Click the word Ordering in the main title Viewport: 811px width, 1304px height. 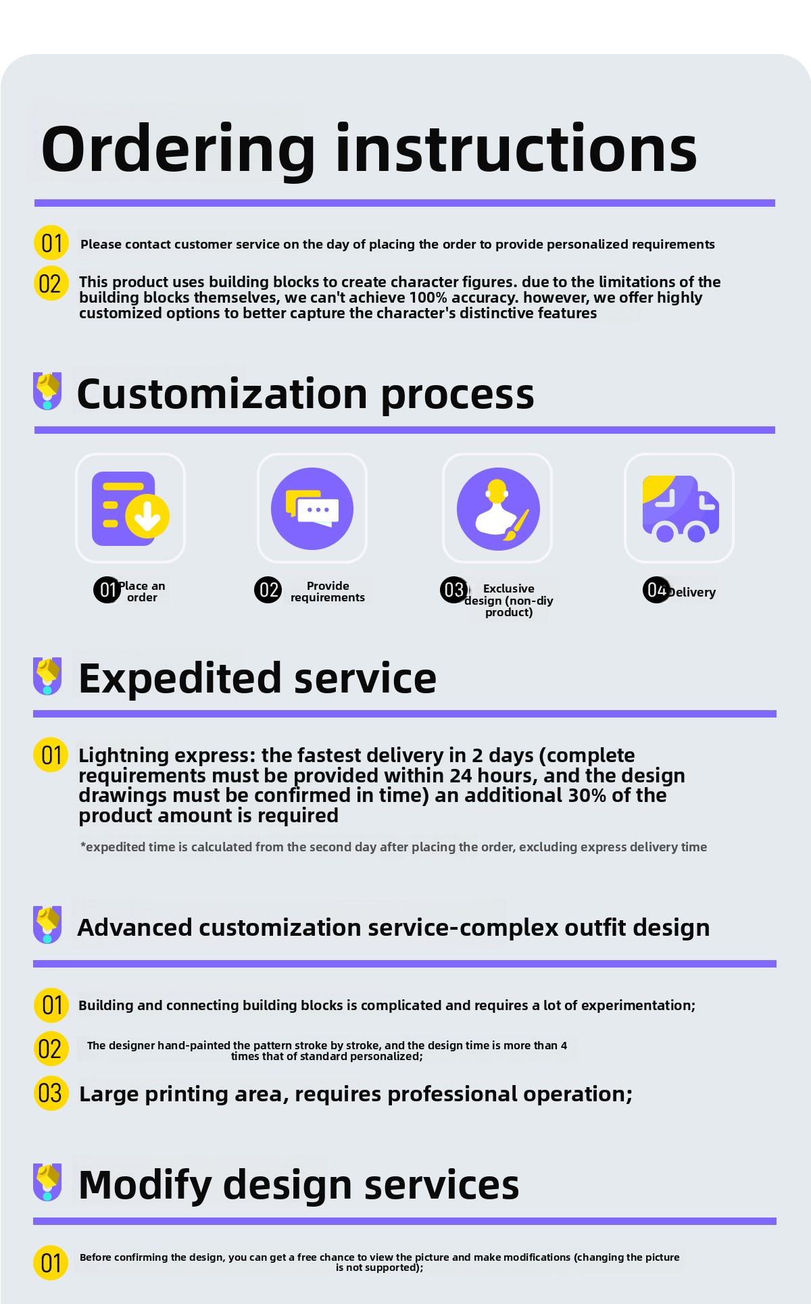[x=178, y=150]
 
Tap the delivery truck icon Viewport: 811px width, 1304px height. [x=680, y=509]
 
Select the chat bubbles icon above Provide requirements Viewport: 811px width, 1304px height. [x=312, y=509]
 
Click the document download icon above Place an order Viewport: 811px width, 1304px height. [x=130, y=509]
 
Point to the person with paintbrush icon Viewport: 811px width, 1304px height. [x=498, y=509]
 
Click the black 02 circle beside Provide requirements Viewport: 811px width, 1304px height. [x=268, y=590]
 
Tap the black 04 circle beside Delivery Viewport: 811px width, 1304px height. [x=656, y=590]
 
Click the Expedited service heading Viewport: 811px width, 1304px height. [x=257, y=678]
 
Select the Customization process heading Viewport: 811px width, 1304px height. [x=305, y=394]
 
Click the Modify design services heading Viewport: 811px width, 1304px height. [x=299, y=1184]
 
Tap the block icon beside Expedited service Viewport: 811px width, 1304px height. [x=47, y=675]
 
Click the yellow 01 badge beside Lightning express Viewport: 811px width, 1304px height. [x=51, y=755]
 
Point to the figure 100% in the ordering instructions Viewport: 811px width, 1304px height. [x=430, y=298]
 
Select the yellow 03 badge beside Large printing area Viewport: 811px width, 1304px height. [x=51, y=1093]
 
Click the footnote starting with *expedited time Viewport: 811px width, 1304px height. [x=393, y=847]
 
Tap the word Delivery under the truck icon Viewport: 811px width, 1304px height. [x=691, y=593]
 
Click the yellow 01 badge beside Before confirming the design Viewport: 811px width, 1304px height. [x=51, y=1262]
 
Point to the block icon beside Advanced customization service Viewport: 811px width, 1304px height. [x=47, y=924]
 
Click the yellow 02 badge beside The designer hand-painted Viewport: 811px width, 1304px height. [x=51, y=1049]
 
